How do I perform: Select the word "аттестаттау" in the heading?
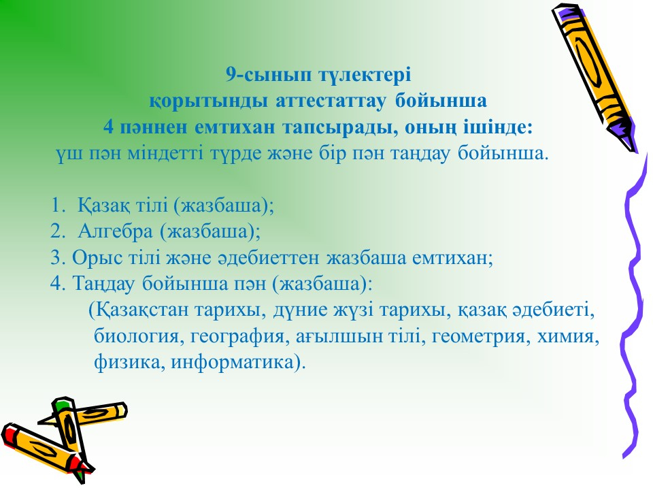tap(331, 101)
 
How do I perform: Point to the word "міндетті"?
tap(165, 153)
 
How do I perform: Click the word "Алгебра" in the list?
tap(116, 231)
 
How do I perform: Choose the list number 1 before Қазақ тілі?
tap(58, 205)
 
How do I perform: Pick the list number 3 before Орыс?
tap(57, 257)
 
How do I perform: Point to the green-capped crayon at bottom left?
tap(71, 434)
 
